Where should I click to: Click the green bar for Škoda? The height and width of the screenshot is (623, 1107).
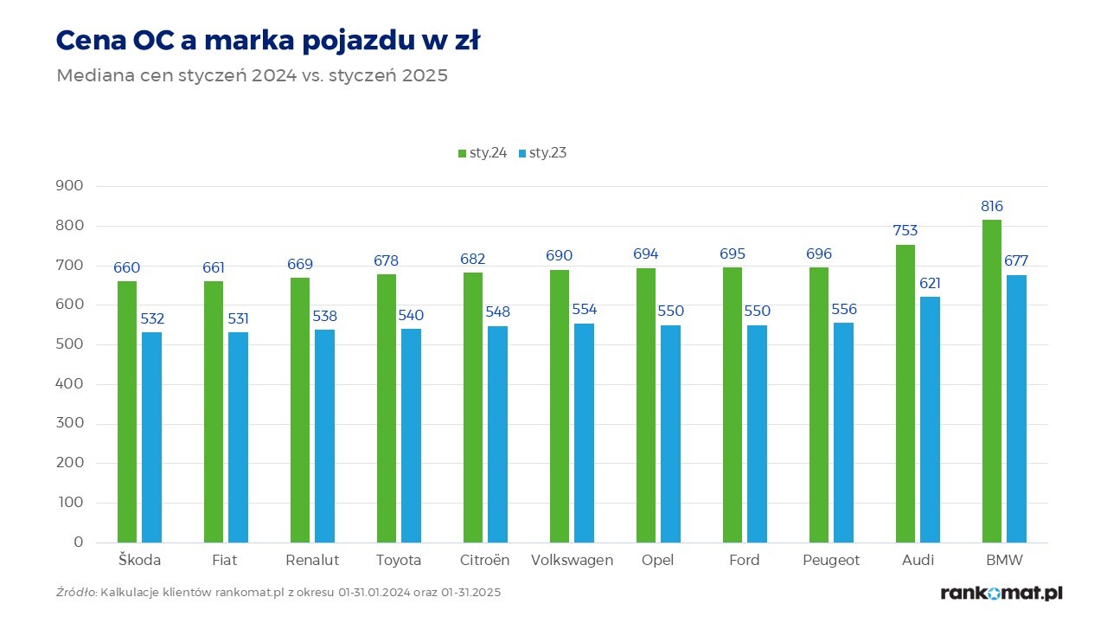coord(127,412)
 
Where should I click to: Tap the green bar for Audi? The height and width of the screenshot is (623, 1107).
coord(905,394)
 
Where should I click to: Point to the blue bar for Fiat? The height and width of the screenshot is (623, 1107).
coord(238,437)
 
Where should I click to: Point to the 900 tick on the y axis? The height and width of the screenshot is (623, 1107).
coord(70,186)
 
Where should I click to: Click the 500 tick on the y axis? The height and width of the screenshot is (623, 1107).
coord(70,344)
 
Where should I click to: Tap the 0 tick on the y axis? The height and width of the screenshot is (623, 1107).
coord(78,543)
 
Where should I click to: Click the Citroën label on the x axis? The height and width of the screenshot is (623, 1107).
coord(485,560)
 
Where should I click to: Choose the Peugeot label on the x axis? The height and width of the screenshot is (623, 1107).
coord(831,560)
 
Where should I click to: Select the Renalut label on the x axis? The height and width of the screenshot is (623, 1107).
coord(312,560)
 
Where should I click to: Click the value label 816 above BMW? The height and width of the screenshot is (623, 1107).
coord(992,207)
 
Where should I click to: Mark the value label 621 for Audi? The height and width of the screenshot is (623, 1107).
coord(930,283)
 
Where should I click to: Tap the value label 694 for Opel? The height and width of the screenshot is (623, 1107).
coord(646,254)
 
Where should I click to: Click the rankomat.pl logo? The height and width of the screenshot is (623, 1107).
coord(1001,593)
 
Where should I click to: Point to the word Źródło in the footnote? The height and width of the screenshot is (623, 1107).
coord(76,593)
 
